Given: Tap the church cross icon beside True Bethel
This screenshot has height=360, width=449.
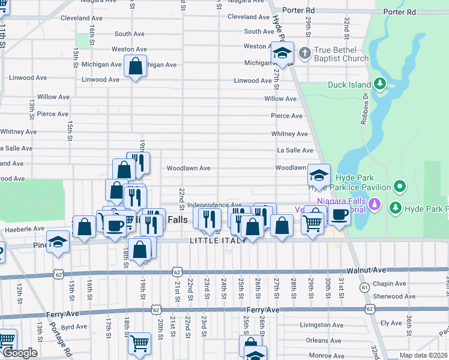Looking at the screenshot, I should coord(304,53).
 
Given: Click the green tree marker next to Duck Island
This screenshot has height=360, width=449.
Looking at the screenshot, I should coord(380,84).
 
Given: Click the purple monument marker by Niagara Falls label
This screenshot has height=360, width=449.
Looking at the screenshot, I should coord(375,204).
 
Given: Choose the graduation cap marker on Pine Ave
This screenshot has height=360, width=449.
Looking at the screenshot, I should coord(58,242).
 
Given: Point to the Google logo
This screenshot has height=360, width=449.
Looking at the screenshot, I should coord(19,353).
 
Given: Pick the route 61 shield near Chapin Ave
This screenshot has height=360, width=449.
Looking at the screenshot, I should coord(364,288).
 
